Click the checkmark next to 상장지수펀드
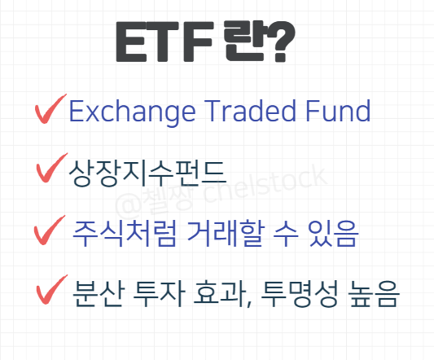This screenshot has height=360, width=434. coord(52,171)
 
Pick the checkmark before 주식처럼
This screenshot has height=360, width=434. coord(50,231)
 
